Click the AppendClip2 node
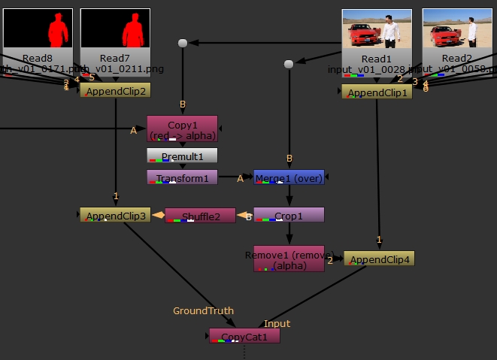point(115,90)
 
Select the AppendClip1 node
point(377,92)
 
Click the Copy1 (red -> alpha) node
point(182,129)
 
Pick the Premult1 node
point(182,156)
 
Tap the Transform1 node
point(182,177)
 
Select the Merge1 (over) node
point(289,177)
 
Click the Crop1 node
point(289,216)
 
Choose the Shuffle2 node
point(200,216)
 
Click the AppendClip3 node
point(115,216)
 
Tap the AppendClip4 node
point(379,259)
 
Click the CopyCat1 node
point(244,336)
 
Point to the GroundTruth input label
point(203,310)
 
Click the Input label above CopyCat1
point(277,323)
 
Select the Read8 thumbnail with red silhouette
point(38,28)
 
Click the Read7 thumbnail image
point(115,28)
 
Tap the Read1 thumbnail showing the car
point(377,29)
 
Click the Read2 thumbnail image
point(457,29)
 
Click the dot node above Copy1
point(182,44)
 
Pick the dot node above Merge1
point(289,64)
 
